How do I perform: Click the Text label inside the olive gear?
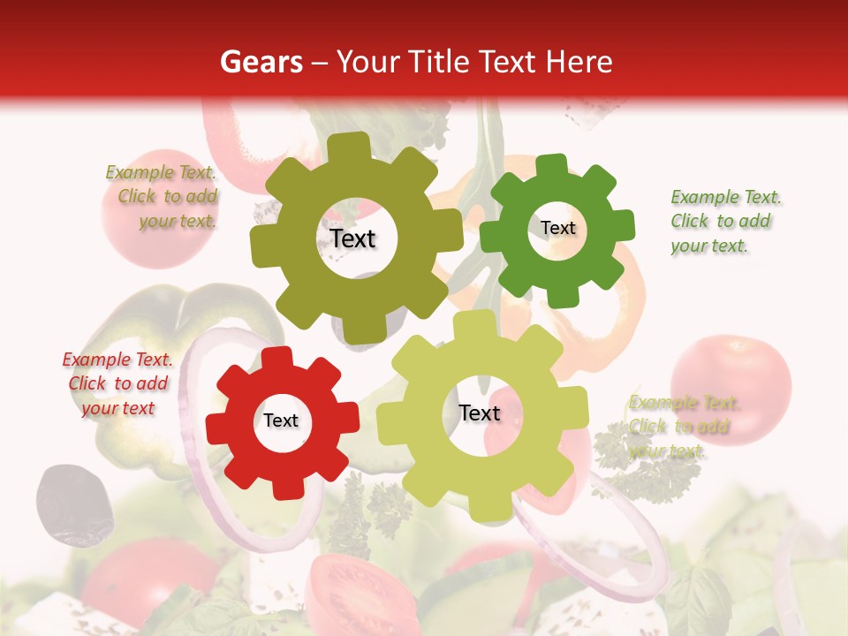(353, 238)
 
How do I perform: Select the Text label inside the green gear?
(557, 228)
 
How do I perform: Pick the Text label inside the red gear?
(281, 420)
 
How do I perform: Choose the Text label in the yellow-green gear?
(480, 413)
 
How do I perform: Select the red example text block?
(117, 383)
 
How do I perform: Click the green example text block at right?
(725, 221)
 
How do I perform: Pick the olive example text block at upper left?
(163, 196)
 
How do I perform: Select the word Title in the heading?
(442, 62)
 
